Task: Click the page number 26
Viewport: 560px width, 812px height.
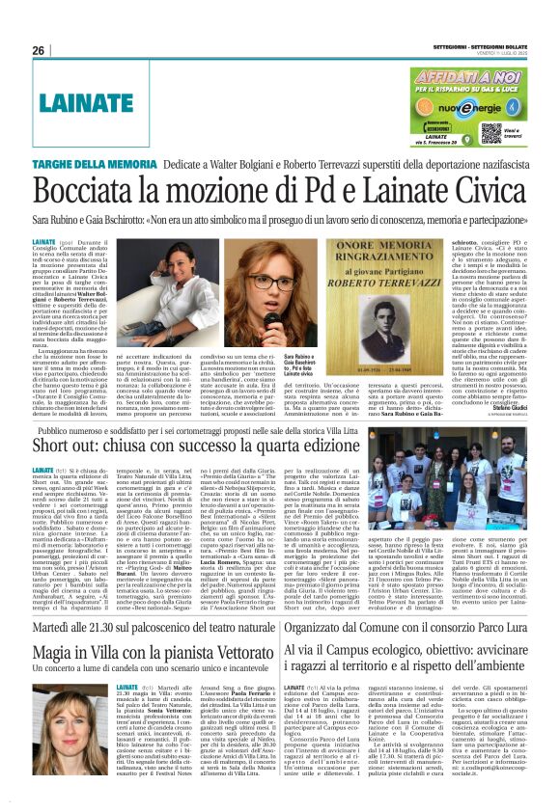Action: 39,50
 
